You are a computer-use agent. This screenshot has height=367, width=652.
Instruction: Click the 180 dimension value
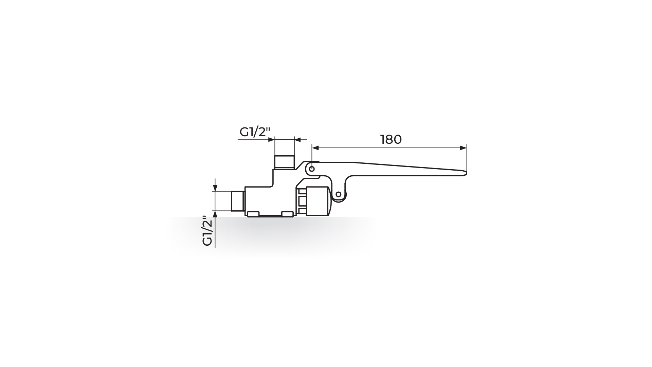391,139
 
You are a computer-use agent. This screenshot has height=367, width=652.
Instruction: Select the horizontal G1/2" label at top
254,132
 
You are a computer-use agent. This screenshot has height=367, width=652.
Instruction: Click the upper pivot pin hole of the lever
311,168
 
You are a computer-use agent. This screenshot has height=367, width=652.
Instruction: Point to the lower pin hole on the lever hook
338,194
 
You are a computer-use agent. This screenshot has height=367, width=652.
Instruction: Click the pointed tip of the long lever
466,173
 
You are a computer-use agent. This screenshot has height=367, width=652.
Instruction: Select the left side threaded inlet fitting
238,201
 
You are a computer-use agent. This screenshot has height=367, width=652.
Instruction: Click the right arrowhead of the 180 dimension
463,148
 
